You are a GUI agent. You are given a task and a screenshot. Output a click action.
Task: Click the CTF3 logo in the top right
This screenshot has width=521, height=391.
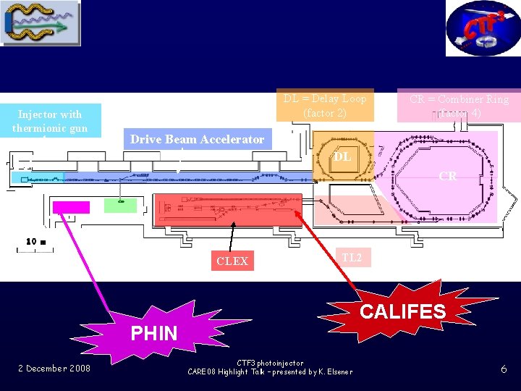(482, 28)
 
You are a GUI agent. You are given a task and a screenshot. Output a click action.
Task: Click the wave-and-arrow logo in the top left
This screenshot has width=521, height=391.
(41, 23)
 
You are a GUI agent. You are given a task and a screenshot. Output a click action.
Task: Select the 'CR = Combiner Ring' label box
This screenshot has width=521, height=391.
(459, 106)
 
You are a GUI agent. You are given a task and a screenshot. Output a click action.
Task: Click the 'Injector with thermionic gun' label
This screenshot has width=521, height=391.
(50, 121)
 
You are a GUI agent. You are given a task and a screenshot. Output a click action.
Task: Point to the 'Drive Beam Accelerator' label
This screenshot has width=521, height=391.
(197, 139)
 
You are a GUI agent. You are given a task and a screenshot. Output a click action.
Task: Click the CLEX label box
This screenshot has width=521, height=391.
(232, 261)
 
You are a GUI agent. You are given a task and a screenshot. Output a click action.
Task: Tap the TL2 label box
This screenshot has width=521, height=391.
(352, 257)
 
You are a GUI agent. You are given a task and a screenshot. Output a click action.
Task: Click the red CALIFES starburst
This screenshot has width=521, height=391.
(402, 311)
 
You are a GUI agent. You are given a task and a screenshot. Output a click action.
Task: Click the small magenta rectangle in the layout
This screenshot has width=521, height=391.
(72, 207)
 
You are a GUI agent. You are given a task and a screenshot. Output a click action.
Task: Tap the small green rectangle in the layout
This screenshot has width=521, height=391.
(120, 206)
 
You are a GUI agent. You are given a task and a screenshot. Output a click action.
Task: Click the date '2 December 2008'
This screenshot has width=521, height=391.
(54, 369)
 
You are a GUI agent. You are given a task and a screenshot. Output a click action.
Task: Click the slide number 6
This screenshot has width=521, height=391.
(504, 369)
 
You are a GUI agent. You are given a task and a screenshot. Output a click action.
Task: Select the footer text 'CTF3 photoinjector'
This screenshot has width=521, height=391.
(270, 363)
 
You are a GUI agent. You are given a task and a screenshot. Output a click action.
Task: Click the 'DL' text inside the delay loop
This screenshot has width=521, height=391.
(343, 157)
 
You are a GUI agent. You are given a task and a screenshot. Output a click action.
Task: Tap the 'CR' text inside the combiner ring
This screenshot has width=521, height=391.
(448, 176)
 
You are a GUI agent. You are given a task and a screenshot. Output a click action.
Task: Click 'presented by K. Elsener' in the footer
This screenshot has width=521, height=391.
(311, 372)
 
